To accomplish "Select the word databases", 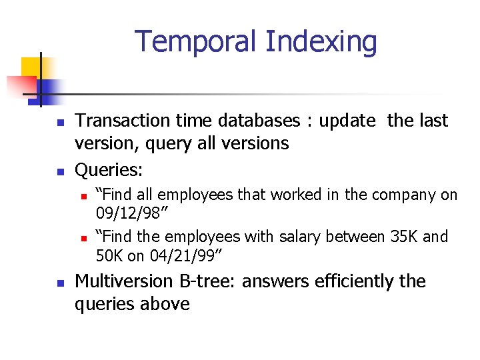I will [x=259, y=121].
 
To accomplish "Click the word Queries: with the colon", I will [x=109, y=170].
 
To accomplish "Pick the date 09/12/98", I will [x=131, y=213].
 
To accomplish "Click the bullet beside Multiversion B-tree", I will [x=59, y=283].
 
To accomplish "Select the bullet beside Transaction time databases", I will [x=59, y=123].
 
